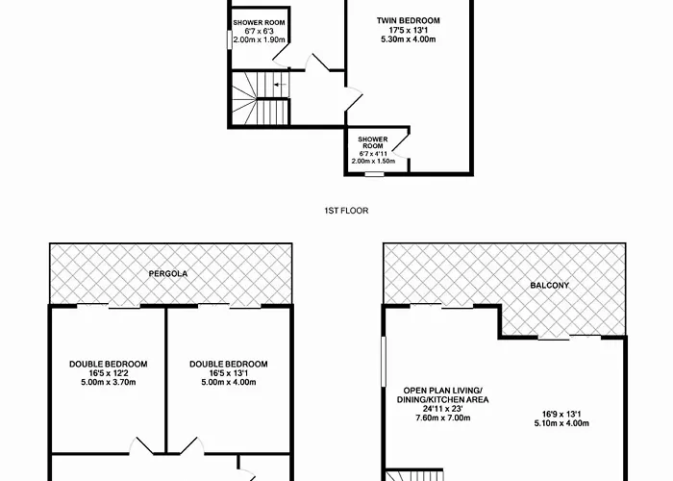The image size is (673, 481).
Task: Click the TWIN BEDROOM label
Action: pos(409,20)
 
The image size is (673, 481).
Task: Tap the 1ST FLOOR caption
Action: pos(346,211)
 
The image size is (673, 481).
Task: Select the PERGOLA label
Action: pos(168,273)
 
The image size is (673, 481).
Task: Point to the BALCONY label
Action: pos(549,285)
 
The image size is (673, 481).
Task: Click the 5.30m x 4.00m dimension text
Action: pos(409,39)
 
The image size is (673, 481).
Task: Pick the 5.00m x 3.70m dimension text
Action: pos(108,382)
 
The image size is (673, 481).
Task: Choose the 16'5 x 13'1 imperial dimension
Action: pos(229,373)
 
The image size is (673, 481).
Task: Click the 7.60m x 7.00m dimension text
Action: pos(442,418)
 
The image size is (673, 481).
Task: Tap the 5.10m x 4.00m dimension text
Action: pos(561,423)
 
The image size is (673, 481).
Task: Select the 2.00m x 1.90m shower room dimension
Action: pos(259,39)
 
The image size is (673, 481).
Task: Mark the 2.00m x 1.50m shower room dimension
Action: pos(373,161)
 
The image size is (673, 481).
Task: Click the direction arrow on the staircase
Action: pos(281,85)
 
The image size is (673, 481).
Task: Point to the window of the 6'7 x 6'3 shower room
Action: pos(230,39)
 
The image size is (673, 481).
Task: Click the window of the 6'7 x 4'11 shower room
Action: pos(374,174)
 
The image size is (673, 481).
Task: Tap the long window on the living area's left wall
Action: pos(384,362)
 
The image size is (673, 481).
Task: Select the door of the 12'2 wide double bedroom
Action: pos(141,445)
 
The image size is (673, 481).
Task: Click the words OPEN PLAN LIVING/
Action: pos(442,391)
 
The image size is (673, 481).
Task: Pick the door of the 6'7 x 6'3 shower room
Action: pos(281,56)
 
